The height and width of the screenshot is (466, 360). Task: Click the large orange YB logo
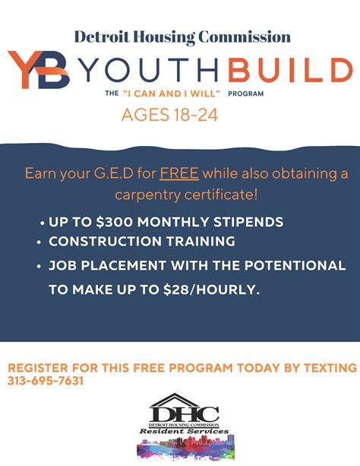(x=40, y=70)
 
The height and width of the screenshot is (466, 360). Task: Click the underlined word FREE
(x=179, y=173)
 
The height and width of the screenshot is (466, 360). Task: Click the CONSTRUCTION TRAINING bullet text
(x=141, y=241)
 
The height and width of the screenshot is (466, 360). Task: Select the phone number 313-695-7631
(x=46, y=381)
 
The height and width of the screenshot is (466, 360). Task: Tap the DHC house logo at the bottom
(x=183, y=413)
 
